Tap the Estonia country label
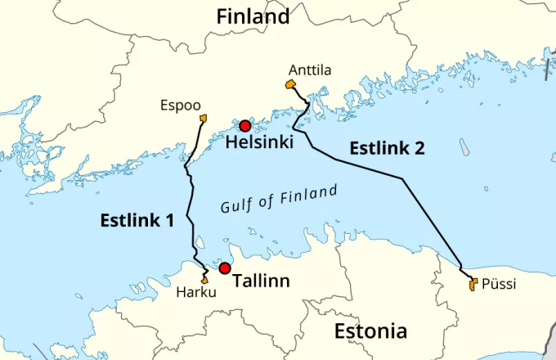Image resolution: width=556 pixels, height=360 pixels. (x=370, y=331)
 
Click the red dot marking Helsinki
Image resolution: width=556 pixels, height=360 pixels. (x=244, y=126)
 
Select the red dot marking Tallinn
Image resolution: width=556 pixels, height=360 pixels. (x=225, y=268)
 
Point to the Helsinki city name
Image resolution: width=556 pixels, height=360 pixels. (x=259, y=143)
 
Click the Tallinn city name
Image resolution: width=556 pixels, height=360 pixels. (x=262, y=281)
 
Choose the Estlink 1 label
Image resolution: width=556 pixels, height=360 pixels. (x=137, y=219)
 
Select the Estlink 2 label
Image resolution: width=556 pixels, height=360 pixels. (x=387, y=149)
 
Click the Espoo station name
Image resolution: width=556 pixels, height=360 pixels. (x=178, y=106)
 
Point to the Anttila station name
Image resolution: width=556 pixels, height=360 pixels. (x=310, y=70)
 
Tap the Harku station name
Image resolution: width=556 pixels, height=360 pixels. (x=196, y=294)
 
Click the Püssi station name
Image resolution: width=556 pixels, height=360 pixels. (x=500, y=284)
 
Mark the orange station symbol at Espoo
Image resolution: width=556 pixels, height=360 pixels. (x=202, y=119)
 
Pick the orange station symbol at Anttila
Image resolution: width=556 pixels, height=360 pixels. (x=289, y=84)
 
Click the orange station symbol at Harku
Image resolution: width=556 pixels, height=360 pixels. (x=204, y=280)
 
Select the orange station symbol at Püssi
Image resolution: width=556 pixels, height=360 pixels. (x=473, y=285)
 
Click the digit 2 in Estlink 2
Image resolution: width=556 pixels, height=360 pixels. (x=419, y=149)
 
